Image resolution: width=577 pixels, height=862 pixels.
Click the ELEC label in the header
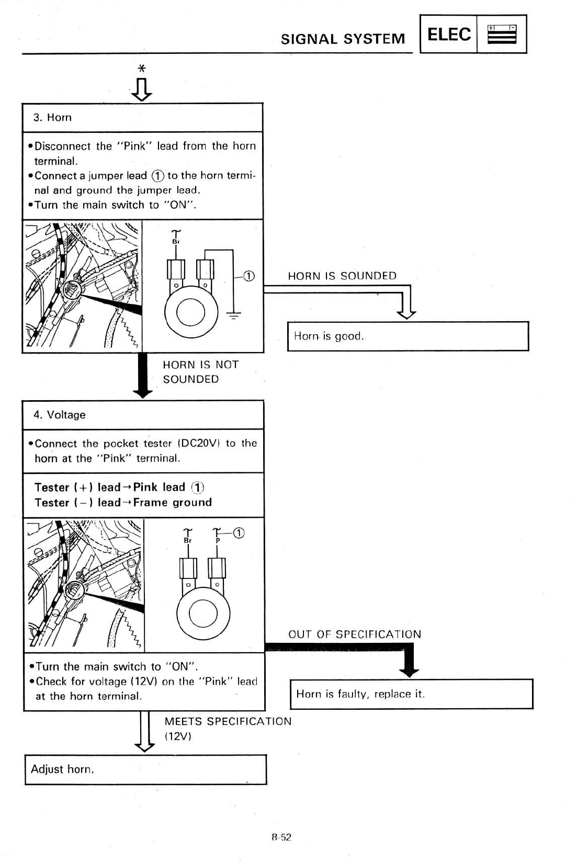click(x=449, y=35)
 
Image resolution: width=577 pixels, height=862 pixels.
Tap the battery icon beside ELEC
click(x=502, y=35)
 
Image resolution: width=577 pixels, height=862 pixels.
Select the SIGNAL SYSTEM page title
click(x=343, y=39)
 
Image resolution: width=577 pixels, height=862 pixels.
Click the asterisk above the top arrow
click(x=141, y=69)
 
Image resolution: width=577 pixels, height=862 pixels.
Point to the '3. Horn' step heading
click(x=52, y=118)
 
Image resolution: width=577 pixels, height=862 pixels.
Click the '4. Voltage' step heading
click(x=59, y=415)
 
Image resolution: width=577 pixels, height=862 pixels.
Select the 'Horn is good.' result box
click(x=408, y=336)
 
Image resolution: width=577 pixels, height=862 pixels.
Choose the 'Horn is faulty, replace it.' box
click(x=411, y=694)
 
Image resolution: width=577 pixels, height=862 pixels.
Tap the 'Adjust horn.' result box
click(x=145, y=769)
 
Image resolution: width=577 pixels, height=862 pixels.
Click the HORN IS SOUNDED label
click(x=342, y=276)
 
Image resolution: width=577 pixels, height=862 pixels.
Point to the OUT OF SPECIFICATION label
click(x=354, y=634)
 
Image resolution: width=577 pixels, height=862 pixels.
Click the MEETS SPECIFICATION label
click(x=228, y=722)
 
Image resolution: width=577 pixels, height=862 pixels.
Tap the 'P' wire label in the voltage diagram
click(x=218, y=540)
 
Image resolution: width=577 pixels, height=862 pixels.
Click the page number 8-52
click(x=281, y=837)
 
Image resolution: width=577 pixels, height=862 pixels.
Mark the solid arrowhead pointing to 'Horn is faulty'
click(x=409, y=671)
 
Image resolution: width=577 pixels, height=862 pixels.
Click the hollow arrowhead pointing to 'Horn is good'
click(x=406, y=313)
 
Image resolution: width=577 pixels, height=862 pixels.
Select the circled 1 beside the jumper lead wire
click(x=249, y=276)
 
